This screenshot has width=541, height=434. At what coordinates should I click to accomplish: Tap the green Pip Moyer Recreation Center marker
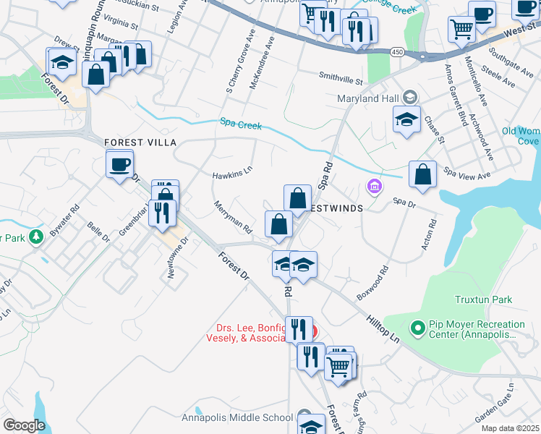tap(417, 328)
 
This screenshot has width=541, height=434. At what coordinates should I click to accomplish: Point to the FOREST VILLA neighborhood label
tap(140, 142)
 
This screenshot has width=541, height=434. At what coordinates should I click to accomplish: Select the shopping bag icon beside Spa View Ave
tap(422, 174)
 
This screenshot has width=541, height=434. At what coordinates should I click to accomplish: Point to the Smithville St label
tap(340, 75)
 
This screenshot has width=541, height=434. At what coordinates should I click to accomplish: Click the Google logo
tap(24, 425)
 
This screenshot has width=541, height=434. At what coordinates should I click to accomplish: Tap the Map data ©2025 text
tap(509, 428)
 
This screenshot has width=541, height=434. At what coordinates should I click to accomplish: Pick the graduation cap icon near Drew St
tap(61, 62)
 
